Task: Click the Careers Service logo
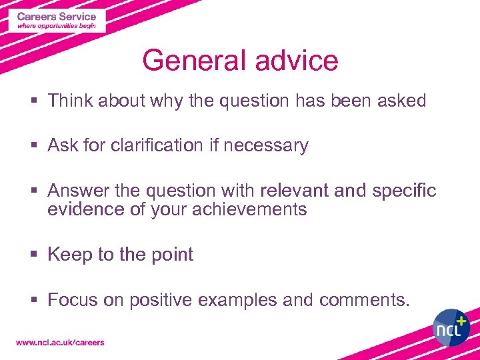point(57,21)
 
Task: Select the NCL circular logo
point(452,327)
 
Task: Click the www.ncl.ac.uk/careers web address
point(60,343)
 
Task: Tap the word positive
point(161,301)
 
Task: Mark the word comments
point(363,301)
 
